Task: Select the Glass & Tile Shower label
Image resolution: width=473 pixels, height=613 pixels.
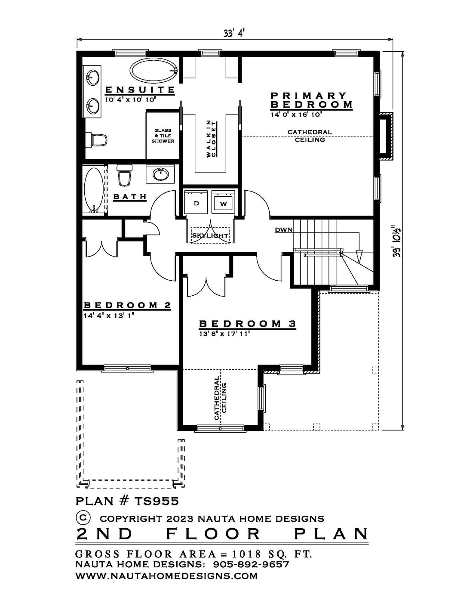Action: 163,136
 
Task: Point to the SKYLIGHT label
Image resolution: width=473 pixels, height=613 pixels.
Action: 210,235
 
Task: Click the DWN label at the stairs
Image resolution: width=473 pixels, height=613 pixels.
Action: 284,230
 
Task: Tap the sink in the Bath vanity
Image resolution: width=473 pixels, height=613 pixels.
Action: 160,174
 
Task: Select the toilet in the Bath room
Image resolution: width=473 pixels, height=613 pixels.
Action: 124,175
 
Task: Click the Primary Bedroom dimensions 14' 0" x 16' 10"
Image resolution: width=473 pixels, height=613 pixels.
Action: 296,115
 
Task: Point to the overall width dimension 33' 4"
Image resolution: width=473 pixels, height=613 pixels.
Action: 233,33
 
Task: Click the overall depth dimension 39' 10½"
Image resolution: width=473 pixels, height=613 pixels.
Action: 397,240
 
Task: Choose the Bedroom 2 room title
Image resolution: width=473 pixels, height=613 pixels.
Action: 127,305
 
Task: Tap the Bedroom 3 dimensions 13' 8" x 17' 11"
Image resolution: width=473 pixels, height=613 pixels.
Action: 224,334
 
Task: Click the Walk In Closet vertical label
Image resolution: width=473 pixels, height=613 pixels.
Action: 212,139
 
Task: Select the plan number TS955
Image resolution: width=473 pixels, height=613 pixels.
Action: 157,501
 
